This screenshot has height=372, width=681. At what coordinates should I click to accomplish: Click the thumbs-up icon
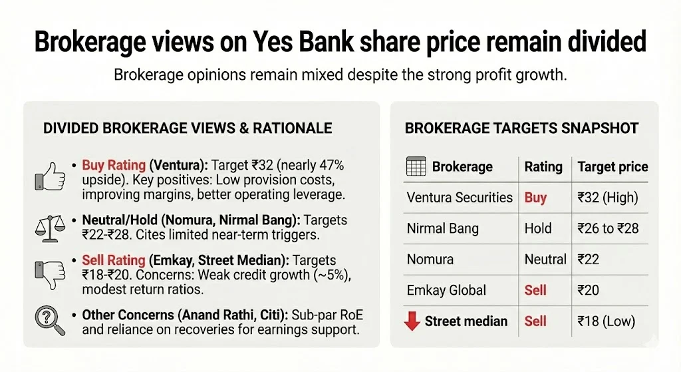(51, 176)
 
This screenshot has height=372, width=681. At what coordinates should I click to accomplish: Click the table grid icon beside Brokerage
(416, 167)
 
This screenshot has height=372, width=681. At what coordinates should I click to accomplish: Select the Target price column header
(613, 167)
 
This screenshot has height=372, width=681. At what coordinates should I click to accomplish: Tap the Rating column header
(543, 167)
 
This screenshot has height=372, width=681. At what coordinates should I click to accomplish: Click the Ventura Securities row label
(460, 198)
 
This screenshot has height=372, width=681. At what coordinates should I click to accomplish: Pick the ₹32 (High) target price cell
(607, 198)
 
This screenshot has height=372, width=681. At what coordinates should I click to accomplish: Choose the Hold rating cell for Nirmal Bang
(537, 229)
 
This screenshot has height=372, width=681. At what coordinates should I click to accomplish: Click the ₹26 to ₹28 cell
(608, 229)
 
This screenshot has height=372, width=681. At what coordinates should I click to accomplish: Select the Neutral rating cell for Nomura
(545, 260)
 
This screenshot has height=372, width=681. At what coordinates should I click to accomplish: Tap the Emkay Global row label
(446, 290)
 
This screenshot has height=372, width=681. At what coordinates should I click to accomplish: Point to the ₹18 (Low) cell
(606, 321)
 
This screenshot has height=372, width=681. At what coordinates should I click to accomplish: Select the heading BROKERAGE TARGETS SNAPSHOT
(521, 128)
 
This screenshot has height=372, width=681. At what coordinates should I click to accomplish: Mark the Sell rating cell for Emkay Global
(535, 290)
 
